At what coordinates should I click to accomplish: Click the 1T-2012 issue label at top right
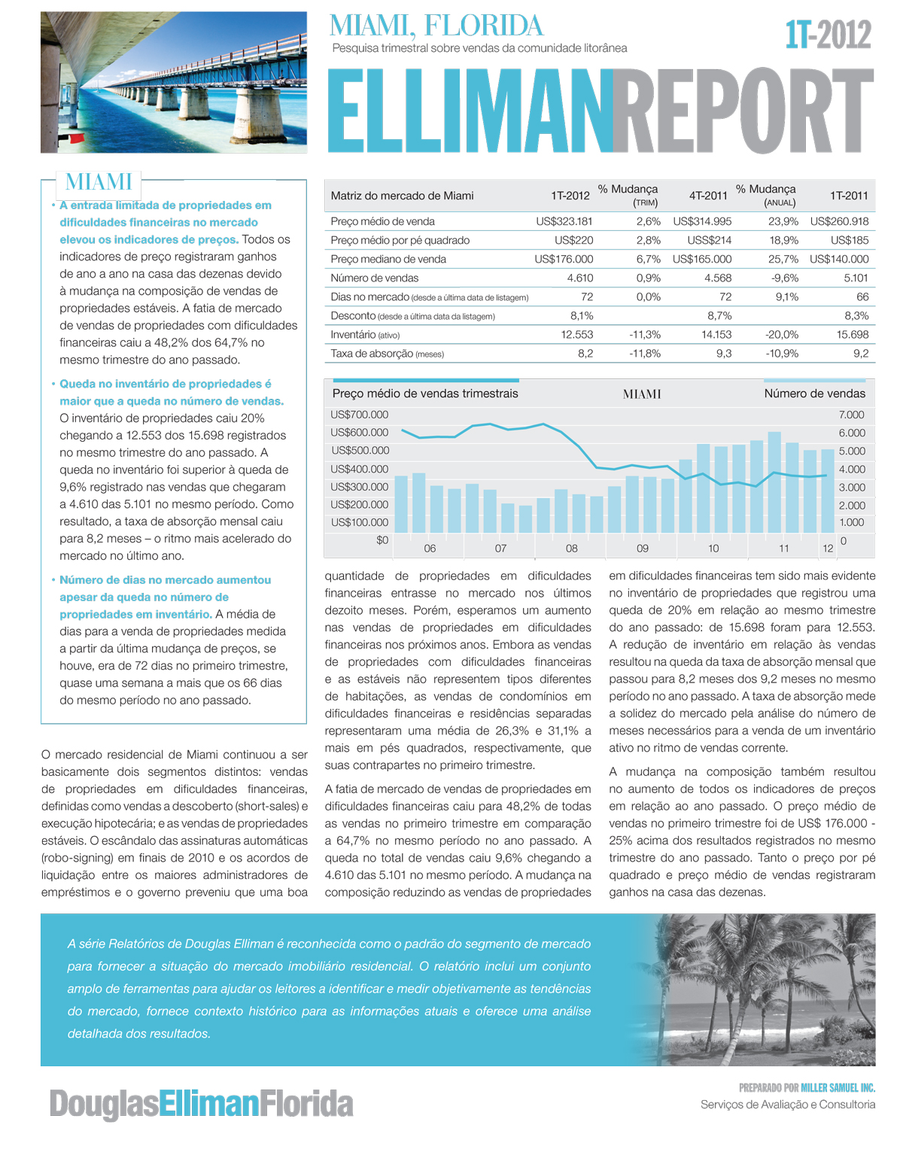(x=828, y=35)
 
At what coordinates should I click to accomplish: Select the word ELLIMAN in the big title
(x=470, y=111)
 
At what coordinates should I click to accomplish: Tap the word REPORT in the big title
(x=743, y=111)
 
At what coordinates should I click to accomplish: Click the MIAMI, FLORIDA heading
(x=436, y=26)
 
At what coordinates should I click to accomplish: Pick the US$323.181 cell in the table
(x=564, y=221)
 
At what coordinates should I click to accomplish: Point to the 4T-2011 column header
(x=708, y=196)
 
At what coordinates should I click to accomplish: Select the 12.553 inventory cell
(x=576, y=334)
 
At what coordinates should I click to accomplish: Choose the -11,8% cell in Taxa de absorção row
(x=645, y=353)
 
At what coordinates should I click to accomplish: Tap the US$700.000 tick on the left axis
(x=360, y=415)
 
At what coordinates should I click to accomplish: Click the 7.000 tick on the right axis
(x=852, y=415)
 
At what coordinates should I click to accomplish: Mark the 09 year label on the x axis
(x=643, y=549)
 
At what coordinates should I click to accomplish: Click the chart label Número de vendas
(x=814, y=394)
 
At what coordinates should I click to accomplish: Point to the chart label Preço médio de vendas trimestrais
(x=425, y=394)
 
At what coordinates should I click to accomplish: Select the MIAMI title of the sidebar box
(x=99, y=181)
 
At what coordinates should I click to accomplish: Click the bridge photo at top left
(x=174, y=82)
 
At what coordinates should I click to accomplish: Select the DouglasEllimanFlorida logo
(x=201, y=1104)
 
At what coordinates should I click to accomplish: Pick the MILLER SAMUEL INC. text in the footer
(x=838, y=1087)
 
